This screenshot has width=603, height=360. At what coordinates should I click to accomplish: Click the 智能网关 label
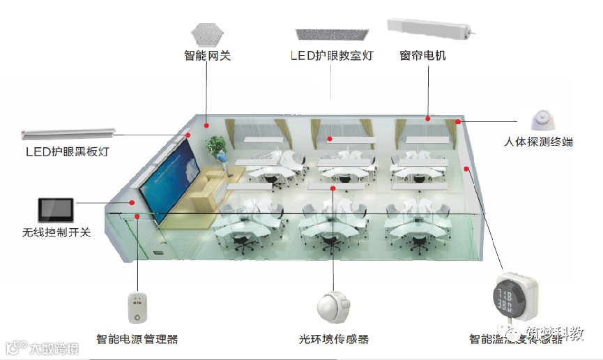pyautogui.click(x=207, y=55)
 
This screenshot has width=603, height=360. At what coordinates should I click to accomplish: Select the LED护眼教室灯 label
pyautogui.click(x=331, y=55)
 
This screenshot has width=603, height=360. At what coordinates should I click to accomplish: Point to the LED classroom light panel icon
pyautogui.click(x=332, y=34)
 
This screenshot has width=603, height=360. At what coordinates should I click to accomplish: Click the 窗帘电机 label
pyautogui.click(x=423, y=55)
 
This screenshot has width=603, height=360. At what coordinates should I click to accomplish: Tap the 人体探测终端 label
pyautogui.click(x=538, y=142)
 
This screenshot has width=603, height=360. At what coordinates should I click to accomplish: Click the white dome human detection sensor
pyautogui.click(x=543, y=120)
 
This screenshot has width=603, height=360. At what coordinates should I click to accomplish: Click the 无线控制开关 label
pyautogui.click(x=56, y=232)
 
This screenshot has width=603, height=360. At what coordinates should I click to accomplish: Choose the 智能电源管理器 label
pyautogui.click(x=137, y=339)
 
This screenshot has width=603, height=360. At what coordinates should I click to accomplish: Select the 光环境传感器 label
pyautogui.click(x=334, y=339)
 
